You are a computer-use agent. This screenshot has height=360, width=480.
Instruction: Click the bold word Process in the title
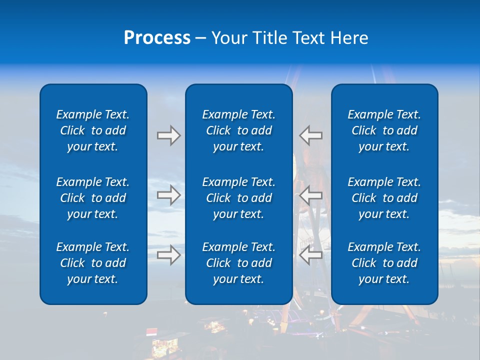[157, 38]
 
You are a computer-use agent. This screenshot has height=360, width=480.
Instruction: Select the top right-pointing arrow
[169, 135]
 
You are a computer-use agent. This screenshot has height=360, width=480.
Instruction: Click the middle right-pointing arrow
[169, 195]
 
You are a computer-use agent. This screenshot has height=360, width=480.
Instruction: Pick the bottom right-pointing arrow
[169, 255]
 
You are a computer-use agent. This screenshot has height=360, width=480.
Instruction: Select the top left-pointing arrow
[311, 135]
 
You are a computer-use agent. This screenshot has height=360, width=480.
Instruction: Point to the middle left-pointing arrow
[311, 195]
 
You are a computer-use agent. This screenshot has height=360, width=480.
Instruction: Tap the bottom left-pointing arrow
[311, 255]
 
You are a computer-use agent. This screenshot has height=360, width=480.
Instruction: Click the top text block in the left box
[93, 130]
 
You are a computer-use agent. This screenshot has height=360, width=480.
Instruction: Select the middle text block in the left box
[93, 198]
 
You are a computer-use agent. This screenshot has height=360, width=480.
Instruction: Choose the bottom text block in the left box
[93, 263]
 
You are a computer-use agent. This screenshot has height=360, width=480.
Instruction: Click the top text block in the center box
[238, 130]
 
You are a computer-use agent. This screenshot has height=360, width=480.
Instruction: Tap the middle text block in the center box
[238, 198]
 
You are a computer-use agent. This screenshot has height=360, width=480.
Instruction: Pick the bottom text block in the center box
[238, 263]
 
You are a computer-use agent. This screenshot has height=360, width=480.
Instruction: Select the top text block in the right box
[384, 130]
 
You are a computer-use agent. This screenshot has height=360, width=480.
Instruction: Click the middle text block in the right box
[384, 198]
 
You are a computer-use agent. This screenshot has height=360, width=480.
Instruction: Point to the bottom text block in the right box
[384, 263]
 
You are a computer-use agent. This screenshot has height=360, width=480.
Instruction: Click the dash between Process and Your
[201, 38]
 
